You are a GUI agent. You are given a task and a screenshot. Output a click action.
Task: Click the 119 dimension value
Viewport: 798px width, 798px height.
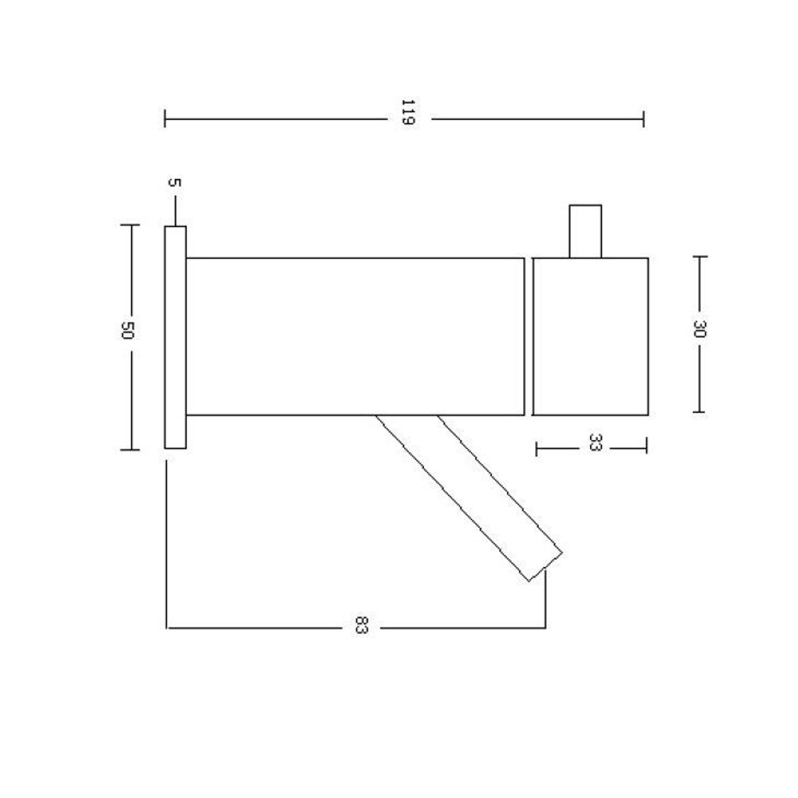point(408,112)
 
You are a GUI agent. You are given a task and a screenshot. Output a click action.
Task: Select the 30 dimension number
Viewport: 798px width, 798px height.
point(701,329)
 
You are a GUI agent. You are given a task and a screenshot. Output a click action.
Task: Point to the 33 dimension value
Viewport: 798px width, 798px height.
point(595,442)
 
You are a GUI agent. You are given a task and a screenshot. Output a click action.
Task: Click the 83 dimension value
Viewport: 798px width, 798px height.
point(361,625)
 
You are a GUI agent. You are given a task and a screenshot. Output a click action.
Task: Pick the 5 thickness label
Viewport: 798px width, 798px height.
point(175,182)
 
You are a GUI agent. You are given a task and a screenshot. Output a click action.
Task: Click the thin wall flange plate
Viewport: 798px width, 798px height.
point(175,337)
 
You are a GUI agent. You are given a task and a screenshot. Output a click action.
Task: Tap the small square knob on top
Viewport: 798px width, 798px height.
point(585,231)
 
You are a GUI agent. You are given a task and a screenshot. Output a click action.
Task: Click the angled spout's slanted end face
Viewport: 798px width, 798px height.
point(545,567)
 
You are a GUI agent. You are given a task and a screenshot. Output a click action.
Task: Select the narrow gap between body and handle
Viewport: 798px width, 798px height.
point(529,336)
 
